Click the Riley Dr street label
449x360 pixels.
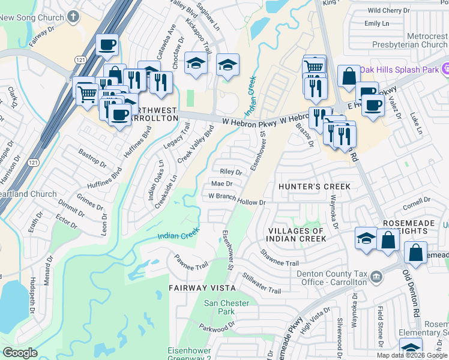(x=231, y=172)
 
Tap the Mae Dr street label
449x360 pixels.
(x=221, y=184)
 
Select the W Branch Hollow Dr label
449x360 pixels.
(x=237, y=199)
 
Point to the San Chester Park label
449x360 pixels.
(x=226, y=307)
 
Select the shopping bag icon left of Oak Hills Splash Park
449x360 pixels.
(x=349, y=76)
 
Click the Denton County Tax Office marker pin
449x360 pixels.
(x=376, y=276)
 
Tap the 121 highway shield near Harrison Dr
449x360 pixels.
(x=34, y=163)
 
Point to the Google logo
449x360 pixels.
(x=20, y=353)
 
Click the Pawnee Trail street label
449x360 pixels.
(x=191, y=262)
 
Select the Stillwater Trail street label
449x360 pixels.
(x=262, y=283)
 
